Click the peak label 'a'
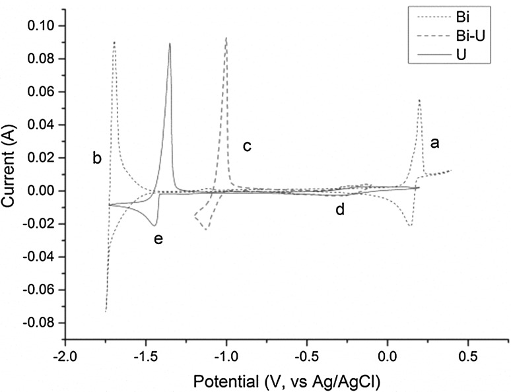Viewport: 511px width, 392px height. [x=434, y=142]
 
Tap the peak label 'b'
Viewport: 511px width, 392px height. [x=96, y=158]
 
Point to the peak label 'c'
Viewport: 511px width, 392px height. [x=247, y=146]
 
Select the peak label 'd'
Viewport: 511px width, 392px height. [x=339, y=210]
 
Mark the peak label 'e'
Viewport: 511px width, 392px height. [x=158, y=239]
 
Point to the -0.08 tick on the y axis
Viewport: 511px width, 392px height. [x=43, y=323]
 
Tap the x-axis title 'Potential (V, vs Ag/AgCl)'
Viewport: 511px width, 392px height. [x=286, y=381]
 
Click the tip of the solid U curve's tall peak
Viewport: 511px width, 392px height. [x=170, y=44]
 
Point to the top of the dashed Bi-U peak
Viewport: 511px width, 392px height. [x=226, y=38]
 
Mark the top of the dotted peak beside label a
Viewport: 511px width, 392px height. [x=419, y=100]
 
